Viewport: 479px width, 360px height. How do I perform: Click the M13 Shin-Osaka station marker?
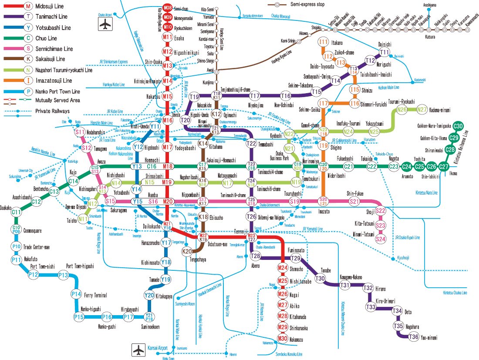[168, 66]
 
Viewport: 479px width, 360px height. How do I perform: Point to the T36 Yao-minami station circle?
[413, 336]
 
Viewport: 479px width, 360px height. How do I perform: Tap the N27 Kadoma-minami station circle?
[421, 110]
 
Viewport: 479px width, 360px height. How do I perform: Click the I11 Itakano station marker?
[323, 42]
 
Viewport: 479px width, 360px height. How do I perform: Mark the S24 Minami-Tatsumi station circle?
[381, 239]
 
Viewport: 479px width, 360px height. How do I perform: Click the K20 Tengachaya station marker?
[187, 251]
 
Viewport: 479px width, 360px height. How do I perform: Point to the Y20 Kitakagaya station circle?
[149, 295]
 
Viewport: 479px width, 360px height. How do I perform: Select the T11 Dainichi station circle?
[385, 52]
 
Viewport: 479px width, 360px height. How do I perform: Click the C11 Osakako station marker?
[17, 212]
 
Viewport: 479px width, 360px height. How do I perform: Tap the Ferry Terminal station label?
[95, 295]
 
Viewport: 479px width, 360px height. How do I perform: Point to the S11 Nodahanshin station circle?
[80, 132]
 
